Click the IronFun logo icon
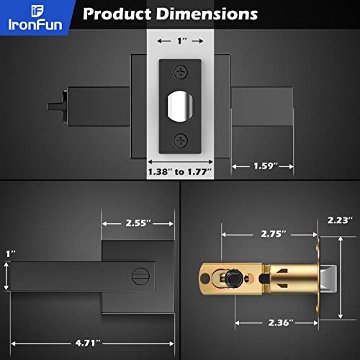(x=17, y=11)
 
